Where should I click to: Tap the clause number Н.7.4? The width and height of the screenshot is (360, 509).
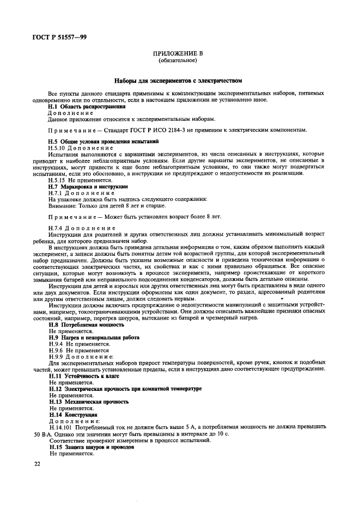click(x=56, y=228)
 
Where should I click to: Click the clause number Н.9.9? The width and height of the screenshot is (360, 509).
click(x=56, y=357)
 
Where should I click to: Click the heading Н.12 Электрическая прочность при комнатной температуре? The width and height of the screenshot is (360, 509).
click(x=118, y=389)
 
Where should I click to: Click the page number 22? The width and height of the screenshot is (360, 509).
click(x=37, y=464)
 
